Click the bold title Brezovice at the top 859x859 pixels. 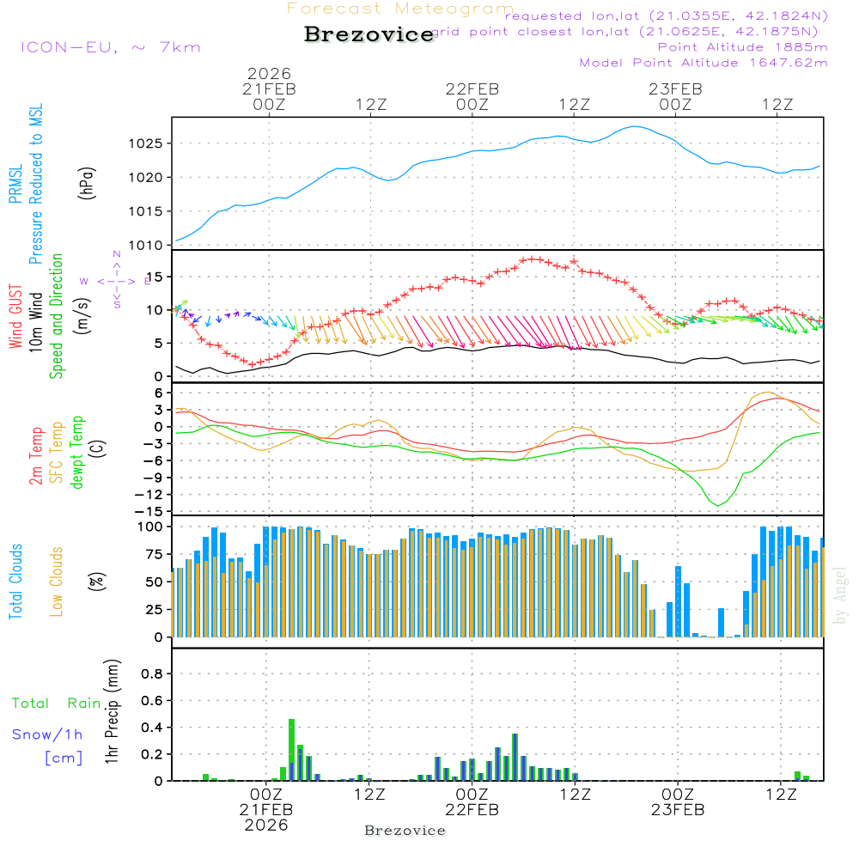click(369, 35)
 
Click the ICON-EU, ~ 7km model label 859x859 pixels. click(110, 47)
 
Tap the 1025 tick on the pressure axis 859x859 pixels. click(151, 143)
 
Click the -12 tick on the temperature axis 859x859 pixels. click(155, 495)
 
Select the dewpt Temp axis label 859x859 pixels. click(77, 453)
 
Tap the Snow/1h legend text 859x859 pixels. click(47, 734)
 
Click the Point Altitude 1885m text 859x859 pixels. click(742, 47)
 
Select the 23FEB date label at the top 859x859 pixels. click(675, 88)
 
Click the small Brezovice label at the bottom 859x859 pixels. click(405, 831)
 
